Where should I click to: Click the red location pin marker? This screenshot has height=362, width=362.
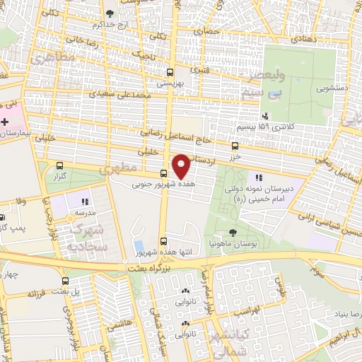click(182, 166)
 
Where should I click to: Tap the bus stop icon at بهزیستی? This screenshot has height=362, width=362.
click(169, 72)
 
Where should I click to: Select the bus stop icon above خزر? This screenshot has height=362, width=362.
click(235, 146)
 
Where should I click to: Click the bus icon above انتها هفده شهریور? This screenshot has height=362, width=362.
click(164, 241)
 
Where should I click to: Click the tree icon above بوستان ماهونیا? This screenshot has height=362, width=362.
click(233, 232)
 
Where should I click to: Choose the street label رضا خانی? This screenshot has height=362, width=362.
click(100, 42)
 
